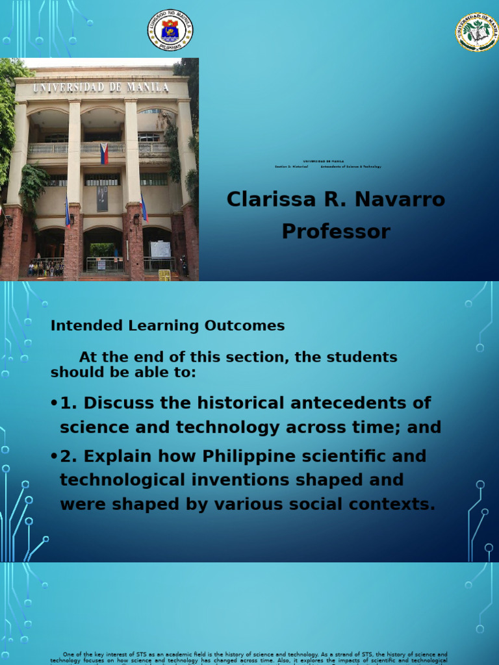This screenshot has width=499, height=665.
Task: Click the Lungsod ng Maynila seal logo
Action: tap(170, 29)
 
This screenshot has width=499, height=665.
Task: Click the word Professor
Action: tap(336, 231)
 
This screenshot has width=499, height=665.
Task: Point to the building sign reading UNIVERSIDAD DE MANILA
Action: tap(101, 87)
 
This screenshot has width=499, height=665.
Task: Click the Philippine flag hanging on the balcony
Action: tap(104, 154)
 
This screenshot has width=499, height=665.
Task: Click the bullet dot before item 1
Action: tap(54, 403)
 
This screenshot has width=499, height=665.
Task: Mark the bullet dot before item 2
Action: tap(54, 457)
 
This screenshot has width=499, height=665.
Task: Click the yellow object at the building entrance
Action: tap(164, 275)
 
